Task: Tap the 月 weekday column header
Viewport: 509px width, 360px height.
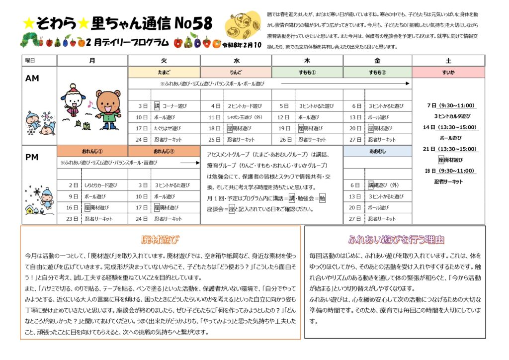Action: click(92, 61)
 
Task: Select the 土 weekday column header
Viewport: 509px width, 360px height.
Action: click(448, 61)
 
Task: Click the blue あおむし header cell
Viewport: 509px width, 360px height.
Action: click(377, 151)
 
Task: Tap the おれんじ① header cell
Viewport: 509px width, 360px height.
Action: click(92, 151)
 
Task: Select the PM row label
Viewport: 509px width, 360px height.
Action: click(32, 157)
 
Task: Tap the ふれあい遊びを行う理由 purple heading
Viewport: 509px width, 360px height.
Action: click(396, 240)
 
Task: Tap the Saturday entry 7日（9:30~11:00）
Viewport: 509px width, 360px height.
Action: click(448, 105)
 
